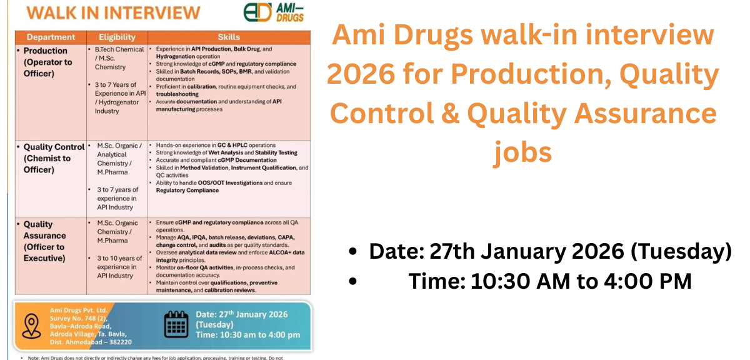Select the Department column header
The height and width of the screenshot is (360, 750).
point(51,37)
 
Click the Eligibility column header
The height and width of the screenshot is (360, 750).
point(117,37)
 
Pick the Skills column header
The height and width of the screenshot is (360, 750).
point(228,37)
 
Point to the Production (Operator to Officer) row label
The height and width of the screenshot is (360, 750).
point(47,62)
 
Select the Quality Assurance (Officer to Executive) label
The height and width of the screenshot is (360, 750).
point(44,241)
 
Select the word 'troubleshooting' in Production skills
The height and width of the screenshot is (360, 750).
point(177,94)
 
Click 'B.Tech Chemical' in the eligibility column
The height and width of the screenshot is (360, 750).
point(119,49)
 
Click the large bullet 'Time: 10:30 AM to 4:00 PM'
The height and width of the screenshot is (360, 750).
point(549,281)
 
